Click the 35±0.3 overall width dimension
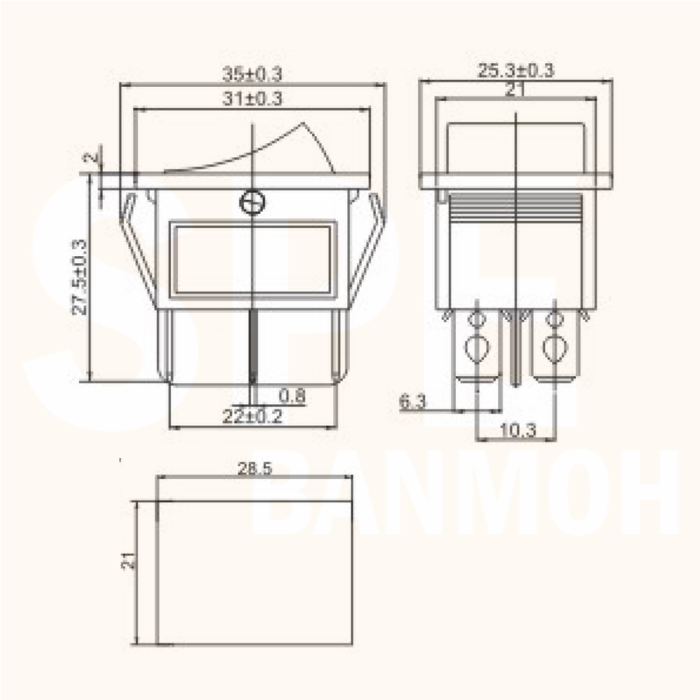[252, 74]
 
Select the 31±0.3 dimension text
[252, 98]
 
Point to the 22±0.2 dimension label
[252, 416]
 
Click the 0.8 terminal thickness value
[292, 396]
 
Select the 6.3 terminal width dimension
[413, 402]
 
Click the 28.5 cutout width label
[254, 469]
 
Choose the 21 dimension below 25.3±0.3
[514, 90]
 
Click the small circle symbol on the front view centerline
[252, 203]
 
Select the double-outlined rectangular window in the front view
[252, 259]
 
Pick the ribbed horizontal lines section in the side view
[515, 208]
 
